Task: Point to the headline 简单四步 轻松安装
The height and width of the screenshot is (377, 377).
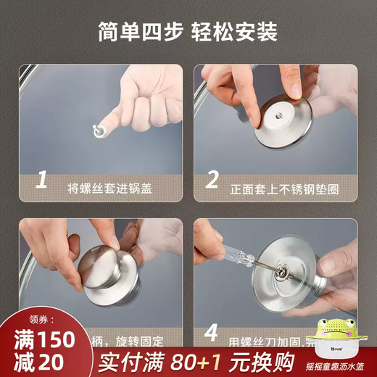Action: click(188, 33)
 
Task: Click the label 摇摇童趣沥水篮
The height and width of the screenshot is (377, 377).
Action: click(334, 365)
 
